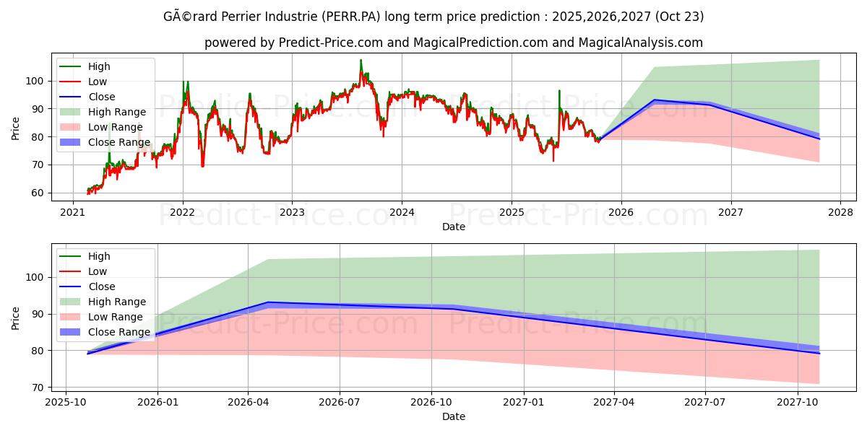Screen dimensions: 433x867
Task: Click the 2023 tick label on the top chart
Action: tap(292, 212)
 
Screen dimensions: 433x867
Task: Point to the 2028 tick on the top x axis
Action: tap(840, 212)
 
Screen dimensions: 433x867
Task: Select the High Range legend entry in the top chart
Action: tap(116, 112)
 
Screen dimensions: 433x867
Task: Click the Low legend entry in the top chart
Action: tap(98, 82)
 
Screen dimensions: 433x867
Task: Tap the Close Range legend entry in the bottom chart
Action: tap(118, 332)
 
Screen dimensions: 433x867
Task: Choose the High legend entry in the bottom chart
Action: tap(99, 256)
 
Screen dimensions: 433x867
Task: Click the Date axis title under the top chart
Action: tap(453, 227)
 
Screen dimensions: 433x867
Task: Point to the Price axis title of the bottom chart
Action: tap(16, 318)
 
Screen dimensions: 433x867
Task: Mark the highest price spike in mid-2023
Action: tap(361, 61)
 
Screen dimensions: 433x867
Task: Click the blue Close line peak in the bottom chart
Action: tap(267, 302)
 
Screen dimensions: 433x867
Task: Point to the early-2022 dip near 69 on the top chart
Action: tap(202, 166)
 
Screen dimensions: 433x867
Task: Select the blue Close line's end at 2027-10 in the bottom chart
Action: tap(819, 353)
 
